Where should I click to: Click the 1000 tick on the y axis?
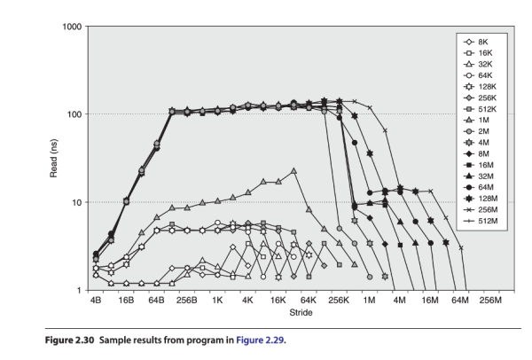click(x=70, y=27)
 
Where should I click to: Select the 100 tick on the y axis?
click(x=73, y=114)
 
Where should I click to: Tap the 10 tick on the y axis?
click(x=75, y=202)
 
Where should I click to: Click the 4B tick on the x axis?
click(x=96, y=301)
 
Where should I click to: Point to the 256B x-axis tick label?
click(x=187, y=301)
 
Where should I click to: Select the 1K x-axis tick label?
click(x=217, y=301)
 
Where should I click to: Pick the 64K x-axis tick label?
click(x=309, y=301)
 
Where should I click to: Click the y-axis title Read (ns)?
click(x=54, y=158)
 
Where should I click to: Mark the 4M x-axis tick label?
click(x=399, y=301)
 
